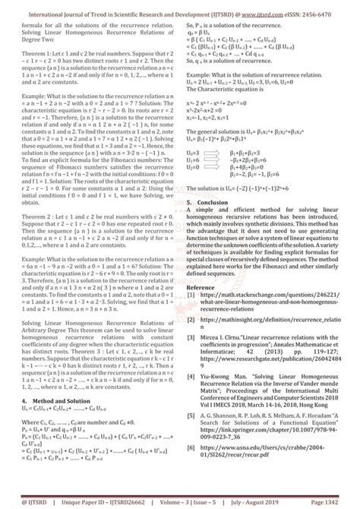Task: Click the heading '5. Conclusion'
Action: [210, 203]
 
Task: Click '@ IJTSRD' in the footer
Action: [24, 502]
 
